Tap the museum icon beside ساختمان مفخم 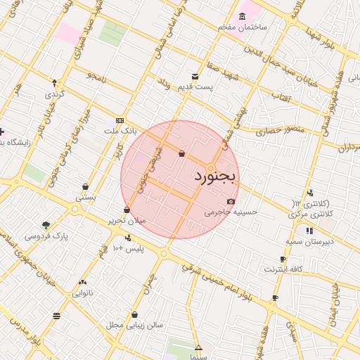243,16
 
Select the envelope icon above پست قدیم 195,77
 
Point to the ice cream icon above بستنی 85,187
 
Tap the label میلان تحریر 127,220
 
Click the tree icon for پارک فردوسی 46,226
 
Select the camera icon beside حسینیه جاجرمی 231,201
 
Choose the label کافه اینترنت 283,269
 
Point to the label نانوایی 82,292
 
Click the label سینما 198,356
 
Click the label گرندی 55,94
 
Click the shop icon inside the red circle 182,153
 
